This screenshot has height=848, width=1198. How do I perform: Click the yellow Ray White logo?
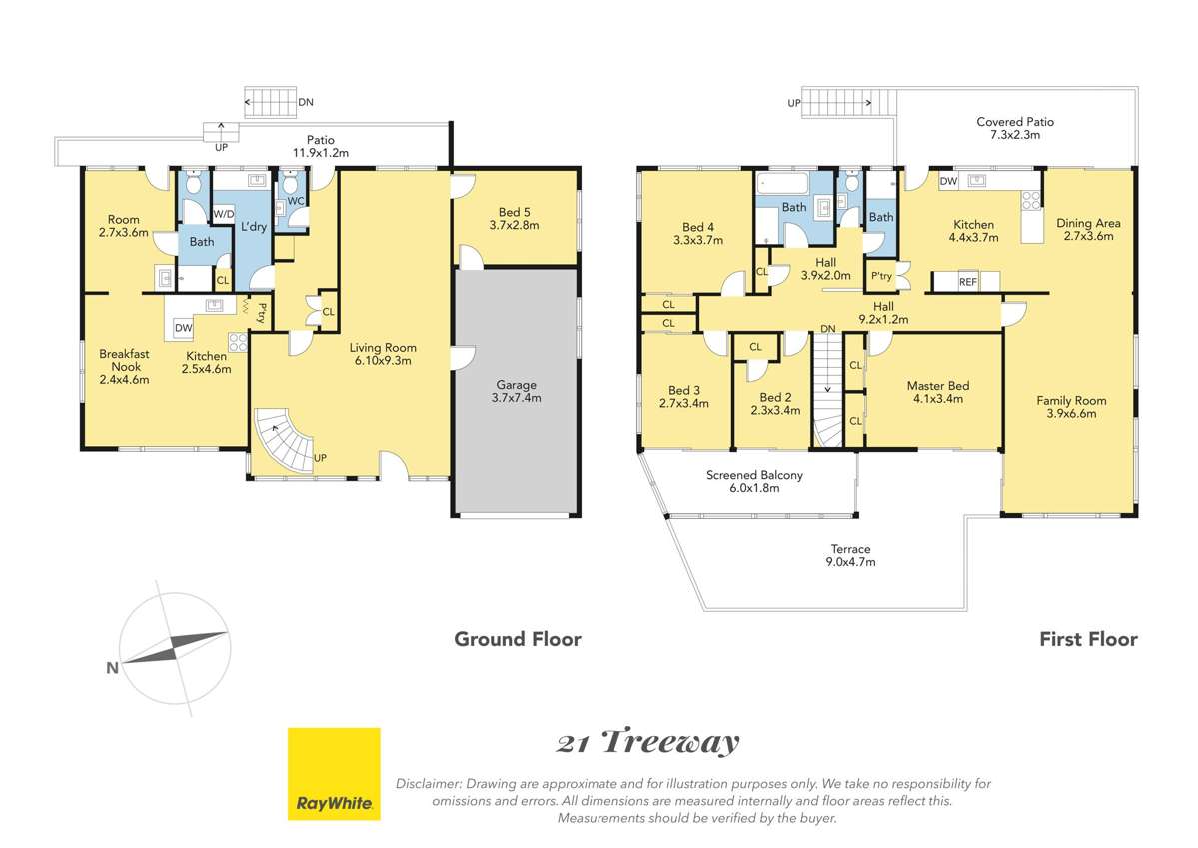tap(334, 774)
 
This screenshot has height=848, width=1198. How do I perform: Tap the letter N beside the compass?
tap(112, 668)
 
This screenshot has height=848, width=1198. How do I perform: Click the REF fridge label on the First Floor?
tap(968, 282)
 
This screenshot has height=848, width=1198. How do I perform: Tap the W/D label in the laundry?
tap(223, 214)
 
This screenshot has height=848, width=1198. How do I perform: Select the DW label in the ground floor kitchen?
tap(184, 328)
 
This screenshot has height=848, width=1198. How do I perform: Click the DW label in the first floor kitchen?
tap(948, 182)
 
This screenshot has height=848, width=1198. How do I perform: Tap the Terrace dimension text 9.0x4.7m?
tap(850, 562)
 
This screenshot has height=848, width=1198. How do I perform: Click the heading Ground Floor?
tap(518, 639)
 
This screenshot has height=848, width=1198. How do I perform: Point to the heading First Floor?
tap(1089, 639)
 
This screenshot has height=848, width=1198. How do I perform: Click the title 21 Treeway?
tap(647, 742)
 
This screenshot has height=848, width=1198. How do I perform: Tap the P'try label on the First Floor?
tap(881, 276)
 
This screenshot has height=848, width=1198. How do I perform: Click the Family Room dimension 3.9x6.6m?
tap(1071, 414)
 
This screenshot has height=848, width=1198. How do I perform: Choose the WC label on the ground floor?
tap(296, 201)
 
